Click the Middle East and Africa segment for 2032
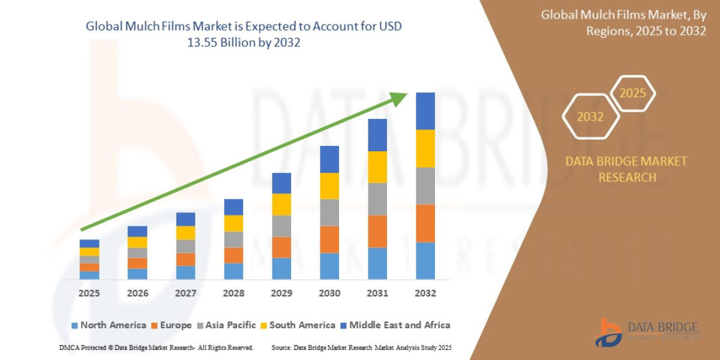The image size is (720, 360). pyautogui.click(x=425, y=111)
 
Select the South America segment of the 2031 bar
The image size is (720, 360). pyautogui.click(x=377, y=167)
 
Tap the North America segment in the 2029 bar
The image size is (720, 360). pyautogui.click(x=281, y=268)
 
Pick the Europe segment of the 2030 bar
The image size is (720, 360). pyautogui.click(x=329, y=239)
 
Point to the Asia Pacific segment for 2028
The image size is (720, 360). pyautogui.click(x=233, y=239)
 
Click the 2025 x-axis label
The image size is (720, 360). pyautogui.click(x=89, y=293)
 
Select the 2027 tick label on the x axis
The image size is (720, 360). pyautogui.click(x=185, y=293)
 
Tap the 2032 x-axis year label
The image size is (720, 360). pyautogui.click(x=425, y=293)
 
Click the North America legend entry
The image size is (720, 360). pyautogui.click(x=108, y=325)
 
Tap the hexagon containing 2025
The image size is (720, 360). pyautogui.click(x=632, y=94)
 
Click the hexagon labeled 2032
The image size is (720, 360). pyautogui.click(x=590, y=117)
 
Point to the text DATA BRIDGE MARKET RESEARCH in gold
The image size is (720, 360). pyautogui.click(x=626, y=169)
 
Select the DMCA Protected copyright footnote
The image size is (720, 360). pyautogui.click(x=157, y=347)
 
